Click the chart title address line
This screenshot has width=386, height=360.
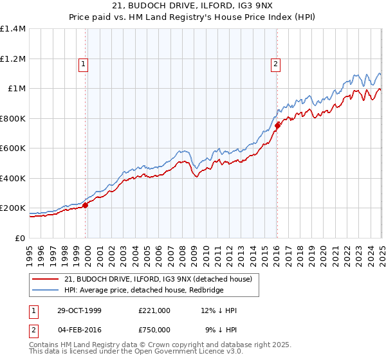click(193, 6)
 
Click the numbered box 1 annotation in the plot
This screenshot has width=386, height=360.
click(84, 64)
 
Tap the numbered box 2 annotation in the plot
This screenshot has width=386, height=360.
click(275, 64)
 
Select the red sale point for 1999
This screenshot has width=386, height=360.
click(86, 205)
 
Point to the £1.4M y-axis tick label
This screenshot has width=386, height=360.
click(13, 29)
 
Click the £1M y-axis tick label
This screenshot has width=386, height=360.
click(17, 89)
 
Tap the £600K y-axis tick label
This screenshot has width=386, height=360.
click(13, 148)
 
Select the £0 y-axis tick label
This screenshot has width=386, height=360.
click(21, 238)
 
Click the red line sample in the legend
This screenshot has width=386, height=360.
click(46, 278)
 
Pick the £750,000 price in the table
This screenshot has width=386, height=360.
click(154, 330)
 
